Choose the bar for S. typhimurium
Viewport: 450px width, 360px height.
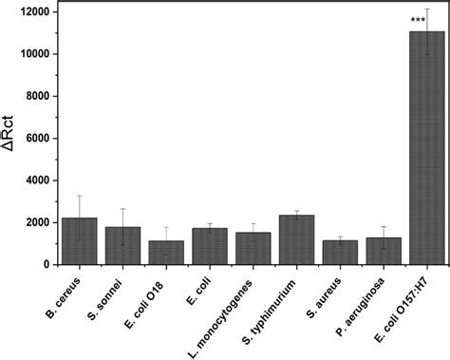click(295, 241)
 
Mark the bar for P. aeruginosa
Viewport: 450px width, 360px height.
click(383, 252)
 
